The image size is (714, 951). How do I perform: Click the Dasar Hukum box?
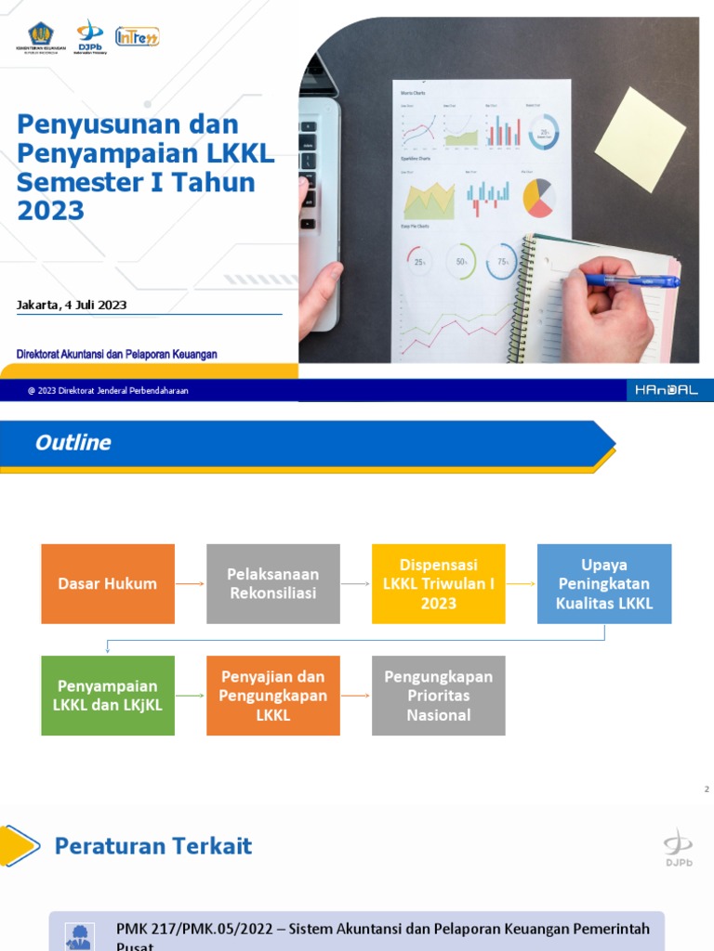108,583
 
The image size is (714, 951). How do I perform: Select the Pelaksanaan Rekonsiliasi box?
273,583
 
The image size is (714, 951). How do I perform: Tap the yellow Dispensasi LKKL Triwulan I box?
439,583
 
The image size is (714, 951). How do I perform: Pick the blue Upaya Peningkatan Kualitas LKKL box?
604,583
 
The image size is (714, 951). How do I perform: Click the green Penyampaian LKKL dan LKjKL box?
108,696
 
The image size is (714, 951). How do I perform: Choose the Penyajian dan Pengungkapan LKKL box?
273,696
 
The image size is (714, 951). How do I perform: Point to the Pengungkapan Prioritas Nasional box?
439,696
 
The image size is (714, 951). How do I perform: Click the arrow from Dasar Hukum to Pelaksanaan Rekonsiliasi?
191,584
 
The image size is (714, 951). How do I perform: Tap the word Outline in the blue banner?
73,443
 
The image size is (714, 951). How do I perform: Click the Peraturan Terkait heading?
153,846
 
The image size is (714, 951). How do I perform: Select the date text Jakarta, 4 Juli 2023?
72,305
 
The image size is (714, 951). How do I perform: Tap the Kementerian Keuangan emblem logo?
41,35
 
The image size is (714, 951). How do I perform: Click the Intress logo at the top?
137,36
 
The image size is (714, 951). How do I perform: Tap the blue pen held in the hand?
632,280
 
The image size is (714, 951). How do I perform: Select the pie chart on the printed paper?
538,196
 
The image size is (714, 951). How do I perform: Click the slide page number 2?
707,789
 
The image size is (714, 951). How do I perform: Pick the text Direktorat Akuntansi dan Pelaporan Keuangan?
117,354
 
